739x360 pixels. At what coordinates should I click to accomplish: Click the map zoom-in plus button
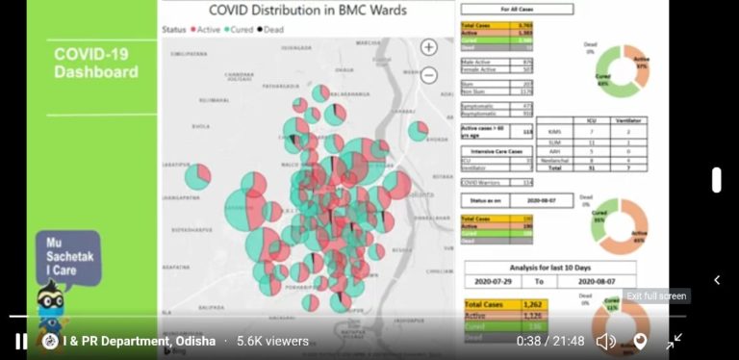tap(429, 47)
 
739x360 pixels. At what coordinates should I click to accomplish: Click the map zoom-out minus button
tap(429, 75)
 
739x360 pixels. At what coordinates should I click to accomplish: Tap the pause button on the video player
tap(20, 341)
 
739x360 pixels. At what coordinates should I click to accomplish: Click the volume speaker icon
tap(605, 341)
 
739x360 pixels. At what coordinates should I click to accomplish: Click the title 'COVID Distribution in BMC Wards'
tap(308, 12)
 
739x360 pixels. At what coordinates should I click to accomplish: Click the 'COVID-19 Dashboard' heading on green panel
tap(95, 64)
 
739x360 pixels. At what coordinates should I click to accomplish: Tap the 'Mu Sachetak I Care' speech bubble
tap(67, 257)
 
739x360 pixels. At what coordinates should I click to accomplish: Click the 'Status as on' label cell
tap(482, 199)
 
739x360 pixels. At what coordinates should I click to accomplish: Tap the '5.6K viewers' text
tap(272, 341)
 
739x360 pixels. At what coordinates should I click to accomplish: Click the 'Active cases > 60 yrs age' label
tap(483, 132)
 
